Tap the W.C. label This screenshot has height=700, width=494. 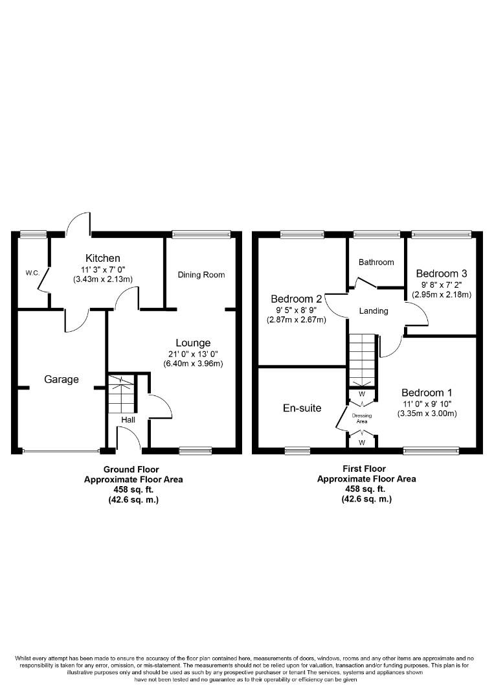32,273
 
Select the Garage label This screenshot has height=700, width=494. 61,379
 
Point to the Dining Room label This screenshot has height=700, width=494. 201,275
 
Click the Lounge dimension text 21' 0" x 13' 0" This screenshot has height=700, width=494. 193,354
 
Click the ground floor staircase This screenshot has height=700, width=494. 122,394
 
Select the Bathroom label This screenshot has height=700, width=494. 376,262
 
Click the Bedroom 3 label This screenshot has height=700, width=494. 441,273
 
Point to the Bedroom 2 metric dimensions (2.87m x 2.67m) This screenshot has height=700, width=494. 297,320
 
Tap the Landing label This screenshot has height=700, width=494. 374,311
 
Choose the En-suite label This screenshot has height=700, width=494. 302,408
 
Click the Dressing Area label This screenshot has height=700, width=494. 362,418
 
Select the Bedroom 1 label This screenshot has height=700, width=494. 427,392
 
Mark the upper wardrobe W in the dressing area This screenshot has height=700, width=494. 362,394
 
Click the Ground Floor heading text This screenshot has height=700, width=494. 131,469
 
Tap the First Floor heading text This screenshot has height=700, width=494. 364,469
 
